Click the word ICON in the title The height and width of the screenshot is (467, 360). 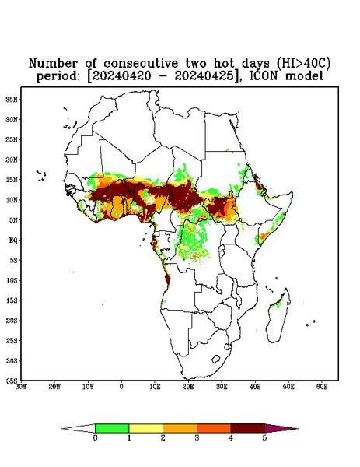tap(264, 76)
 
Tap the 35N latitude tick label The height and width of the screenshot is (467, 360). tap(11, 100)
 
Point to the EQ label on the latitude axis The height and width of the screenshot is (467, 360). tap(12, 241)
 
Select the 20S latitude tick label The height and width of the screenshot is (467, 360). tap(11, 321)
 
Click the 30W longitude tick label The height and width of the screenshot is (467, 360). tap(21, 387)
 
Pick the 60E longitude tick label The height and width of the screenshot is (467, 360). tap(322, 387)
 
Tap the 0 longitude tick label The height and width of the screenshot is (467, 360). tap(121, 387)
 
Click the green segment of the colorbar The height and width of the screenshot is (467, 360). tap(112, 428)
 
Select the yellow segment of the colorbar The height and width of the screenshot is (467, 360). tap(145, 428)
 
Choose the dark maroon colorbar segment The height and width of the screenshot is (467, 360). tap(248, 428)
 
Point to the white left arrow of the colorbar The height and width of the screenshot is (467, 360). tap(79, 429)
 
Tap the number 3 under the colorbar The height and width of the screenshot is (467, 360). tap(197, 438)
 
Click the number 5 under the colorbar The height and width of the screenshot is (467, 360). tap(264, 438)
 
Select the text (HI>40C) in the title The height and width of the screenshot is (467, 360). tap(303, 64)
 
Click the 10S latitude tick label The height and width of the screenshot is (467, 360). tap(11, 280)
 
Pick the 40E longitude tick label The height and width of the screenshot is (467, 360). tap(255, 387)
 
